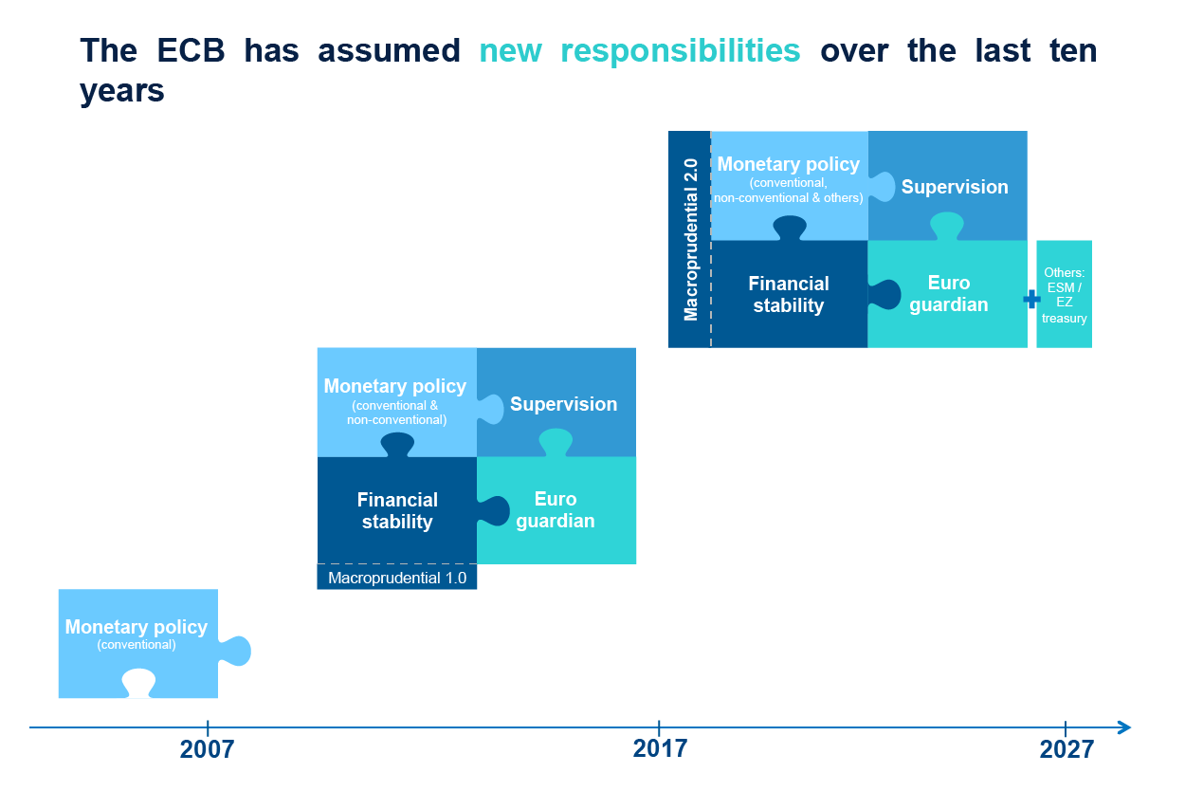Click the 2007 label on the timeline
(x=207, y=750)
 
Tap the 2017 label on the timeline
(x=659, y=750)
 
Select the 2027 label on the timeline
(x=1066, y=750)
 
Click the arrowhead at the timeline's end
(x=1124, y=727)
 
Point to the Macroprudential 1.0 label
(x=396, y=578)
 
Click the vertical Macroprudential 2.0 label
(x=690, y=239)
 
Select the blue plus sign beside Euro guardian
(x=1031, y=300)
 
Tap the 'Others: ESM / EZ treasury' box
(x=1064, y=295)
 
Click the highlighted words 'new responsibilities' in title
(x=640, y=50)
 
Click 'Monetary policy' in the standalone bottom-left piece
(x=136, y=627)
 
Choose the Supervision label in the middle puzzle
(x=563, y=404)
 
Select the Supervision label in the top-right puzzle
(x=955, y=187)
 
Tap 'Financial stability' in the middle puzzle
(x=397, y=510)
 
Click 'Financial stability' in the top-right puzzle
(x=789, y=294)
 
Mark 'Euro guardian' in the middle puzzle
(x=556, y=509)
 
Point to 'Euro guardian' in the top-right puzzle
(x=948, y=294)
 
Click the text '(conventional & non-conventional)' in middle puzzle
(x=395, y=413)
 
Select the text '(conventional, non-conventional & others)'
(x=788, y=191)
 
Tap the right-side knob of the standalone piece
(x=238, y=651)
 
